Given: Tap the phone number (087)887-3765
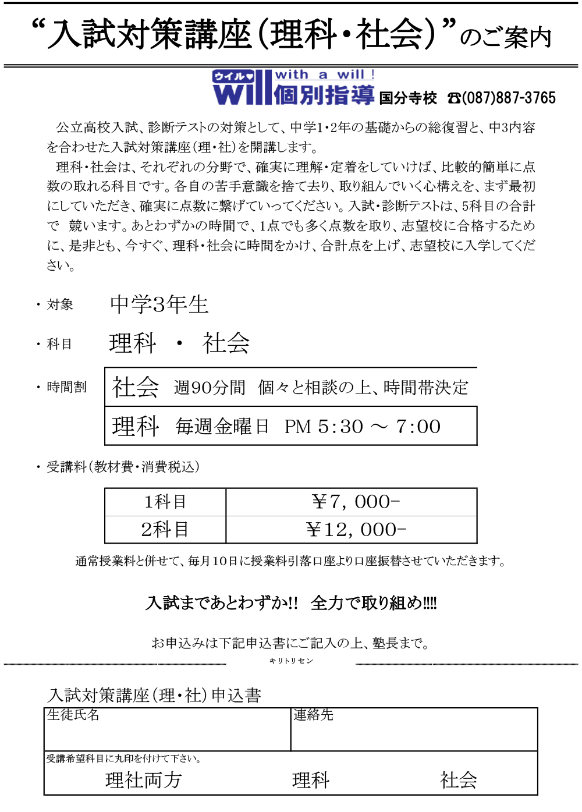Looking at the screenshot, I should pyautogui.click(x=508, y=98).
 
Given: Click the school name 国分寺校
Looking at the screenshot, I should pyautogui.click(x=407, y=98).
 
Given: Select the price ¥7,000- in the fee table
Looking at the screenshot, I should pyautogui.click(x=356, y=502).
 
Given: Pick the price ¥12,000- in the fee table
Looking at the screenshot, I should pyautogui.click(x=356, y=530).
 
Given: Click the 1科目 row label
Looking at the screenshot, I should pyautogui.click(x=165, y=502).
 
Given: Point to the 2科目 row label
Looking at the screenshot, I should pyautogui.click(x=165, y=530).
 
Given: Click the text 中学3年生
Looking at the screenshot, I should pyautogui.click(x=159, y=304).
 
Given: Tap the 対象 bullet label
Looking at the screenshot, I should pyautogui.click(x=60, y=304).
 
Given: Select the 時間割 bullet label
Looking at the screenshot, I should pyautogui.click(x=66, y=387).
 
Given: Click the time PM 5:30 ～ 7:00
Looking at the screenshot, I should pyautogui.click(x=363, y=427).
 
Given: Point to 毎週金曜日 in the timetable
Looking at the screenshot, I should pyautogui.click(x=222, y=427).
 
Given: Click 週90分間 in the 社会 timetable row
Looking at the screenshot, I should pyautogui.click(x=210, y=388).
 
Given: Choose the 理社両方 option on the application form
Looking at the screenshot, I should pyautogui.click(x=144, y=780).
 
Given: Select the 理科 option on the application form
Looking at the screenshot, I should pyautogui.click(x=311, y=780).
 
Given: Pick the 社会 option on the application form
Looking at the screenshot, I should pyautogui.click(x=459, y=780).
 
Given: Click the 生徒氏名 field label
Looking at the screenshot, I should pyautogui.click(x=73, y=715).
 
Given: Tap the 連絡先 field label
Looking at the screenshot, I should pyautogui.click(x=313, y=715).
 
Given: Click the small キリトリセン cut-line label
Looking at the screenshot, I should pyautogui.click(x=291, y=661).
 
